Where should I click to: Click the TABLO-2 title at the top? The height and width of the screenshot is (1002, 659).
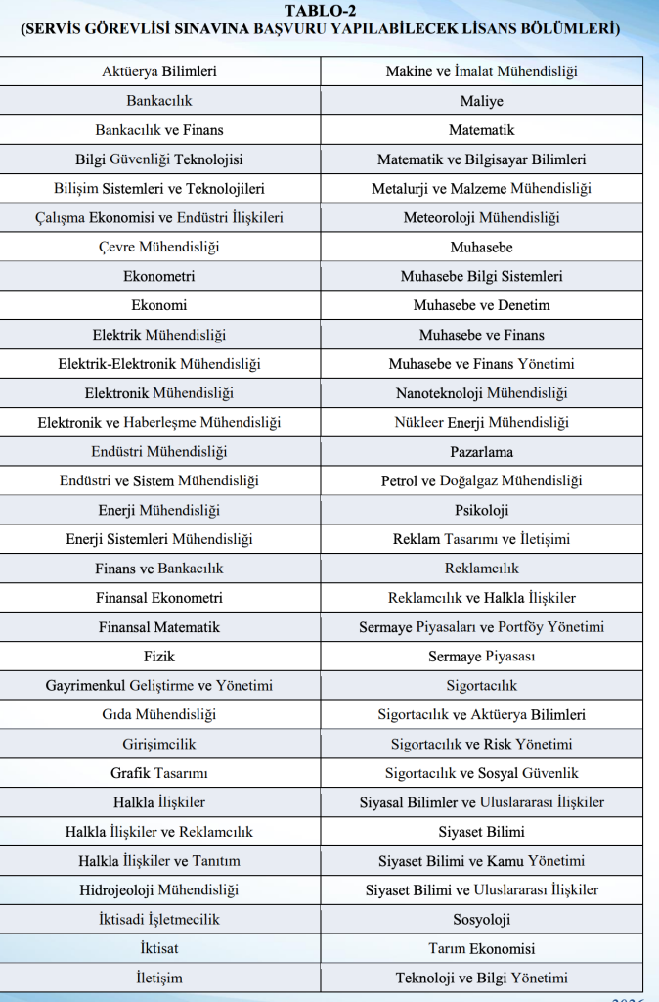tap(329, 11)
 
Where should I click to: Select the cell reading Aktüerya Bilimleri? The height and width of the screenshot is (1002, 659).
tap(159, 71)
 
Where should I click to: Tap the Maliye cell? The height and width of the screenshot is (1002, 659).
tap(482, 101)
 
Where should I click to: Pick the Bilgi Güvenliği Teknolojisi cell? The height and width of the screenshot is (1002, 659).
tap(159, 159)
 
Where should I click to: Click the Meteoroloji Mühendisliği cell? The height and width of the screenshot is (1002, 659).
tap(482, 218)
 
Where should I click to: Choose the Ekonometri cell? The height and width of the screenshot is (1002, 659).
tap(159, 277)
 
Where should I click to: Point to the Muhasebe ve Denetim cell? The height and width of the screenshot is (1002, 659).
tap(482, 306)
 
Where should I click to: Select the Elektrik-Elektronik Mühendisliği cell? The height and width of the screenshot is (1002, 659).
tap(159, 364)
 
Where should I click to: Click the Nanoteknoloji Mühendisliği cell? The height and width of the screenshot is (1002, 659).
tap(482, 393)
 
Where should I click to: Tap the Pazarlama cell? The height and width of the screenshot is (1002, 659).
tap(482, 452)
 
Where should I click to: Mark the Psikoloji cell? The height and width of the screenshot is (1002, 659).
tap(482, 511)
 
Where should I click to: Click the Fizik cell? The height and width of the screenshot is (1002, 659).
tap(159, 657)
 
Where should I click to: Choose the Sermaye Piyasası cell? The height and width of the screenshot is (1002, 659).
tap(482, 657)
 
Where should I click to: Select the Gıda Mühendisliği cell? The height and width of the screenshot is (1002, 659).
tap(159, 715)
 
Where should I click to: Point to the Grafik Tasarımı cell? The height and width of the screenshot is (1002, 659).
tap(159, 774)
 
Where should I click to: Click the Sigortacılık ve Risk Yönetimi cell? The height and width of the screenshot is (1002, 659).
tap(482, 745)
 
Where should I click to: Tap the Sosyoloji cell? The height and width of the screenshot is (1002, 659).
tap(482, 920)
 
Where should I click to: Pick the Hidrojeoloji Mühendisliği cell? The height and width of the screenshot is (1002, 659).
tap(159, 890)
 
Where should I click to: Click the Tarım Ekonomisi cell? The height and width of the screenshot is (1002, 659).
tap(482, 949)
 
